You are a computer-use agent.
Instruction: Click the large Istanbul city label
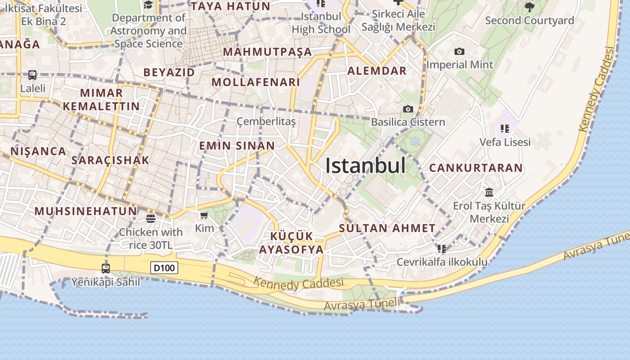(x=365, y=166)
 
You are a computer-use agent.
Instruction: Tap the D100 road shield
(x=164, y=268)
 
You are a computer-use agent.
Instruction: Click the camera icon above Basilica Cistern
(x=408, y=109)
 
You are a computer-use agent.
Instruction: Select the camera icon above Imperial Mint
(x=459, y=52)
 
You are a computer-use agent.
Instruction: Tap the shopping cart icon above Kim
(x=204, y=216)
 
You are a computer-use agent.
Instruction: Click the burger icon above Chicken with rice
(x=151, y=219)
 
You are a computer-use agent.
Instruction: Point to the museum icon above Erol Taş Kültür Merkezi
(x=489, y=193)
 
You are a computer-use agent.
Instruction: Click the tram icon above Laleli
(x=32, y=75)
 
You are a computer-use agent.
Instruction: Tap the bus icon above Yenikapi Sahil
(x=106, y=269)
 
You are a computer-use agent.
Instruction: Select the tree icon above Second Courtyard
(x=530, y=7)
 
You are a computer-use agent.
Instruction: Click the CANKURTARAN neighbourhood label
(x=476, y=168)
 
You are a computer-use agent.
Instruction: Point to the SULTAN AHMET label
(x=387, y=228)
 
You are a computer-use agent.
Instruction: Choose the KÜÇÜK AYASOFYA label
(x=291, y=243)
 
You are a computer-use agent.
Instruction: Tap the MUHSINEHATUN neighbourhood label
(x=85, y=211)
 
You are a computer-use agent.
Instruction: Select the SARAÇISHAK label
(x=110, y=160)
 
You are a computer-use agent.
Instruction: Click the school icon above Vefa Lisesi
(x=505, y=129)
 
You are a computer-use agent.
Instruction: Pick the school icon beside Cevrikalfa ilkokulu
(x=442, y=248)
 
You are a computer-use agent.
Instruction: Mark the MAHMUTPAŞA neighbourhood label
(x=267, y=52)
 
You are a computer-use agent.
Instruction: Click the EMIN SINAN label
(x=237, y=146)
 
